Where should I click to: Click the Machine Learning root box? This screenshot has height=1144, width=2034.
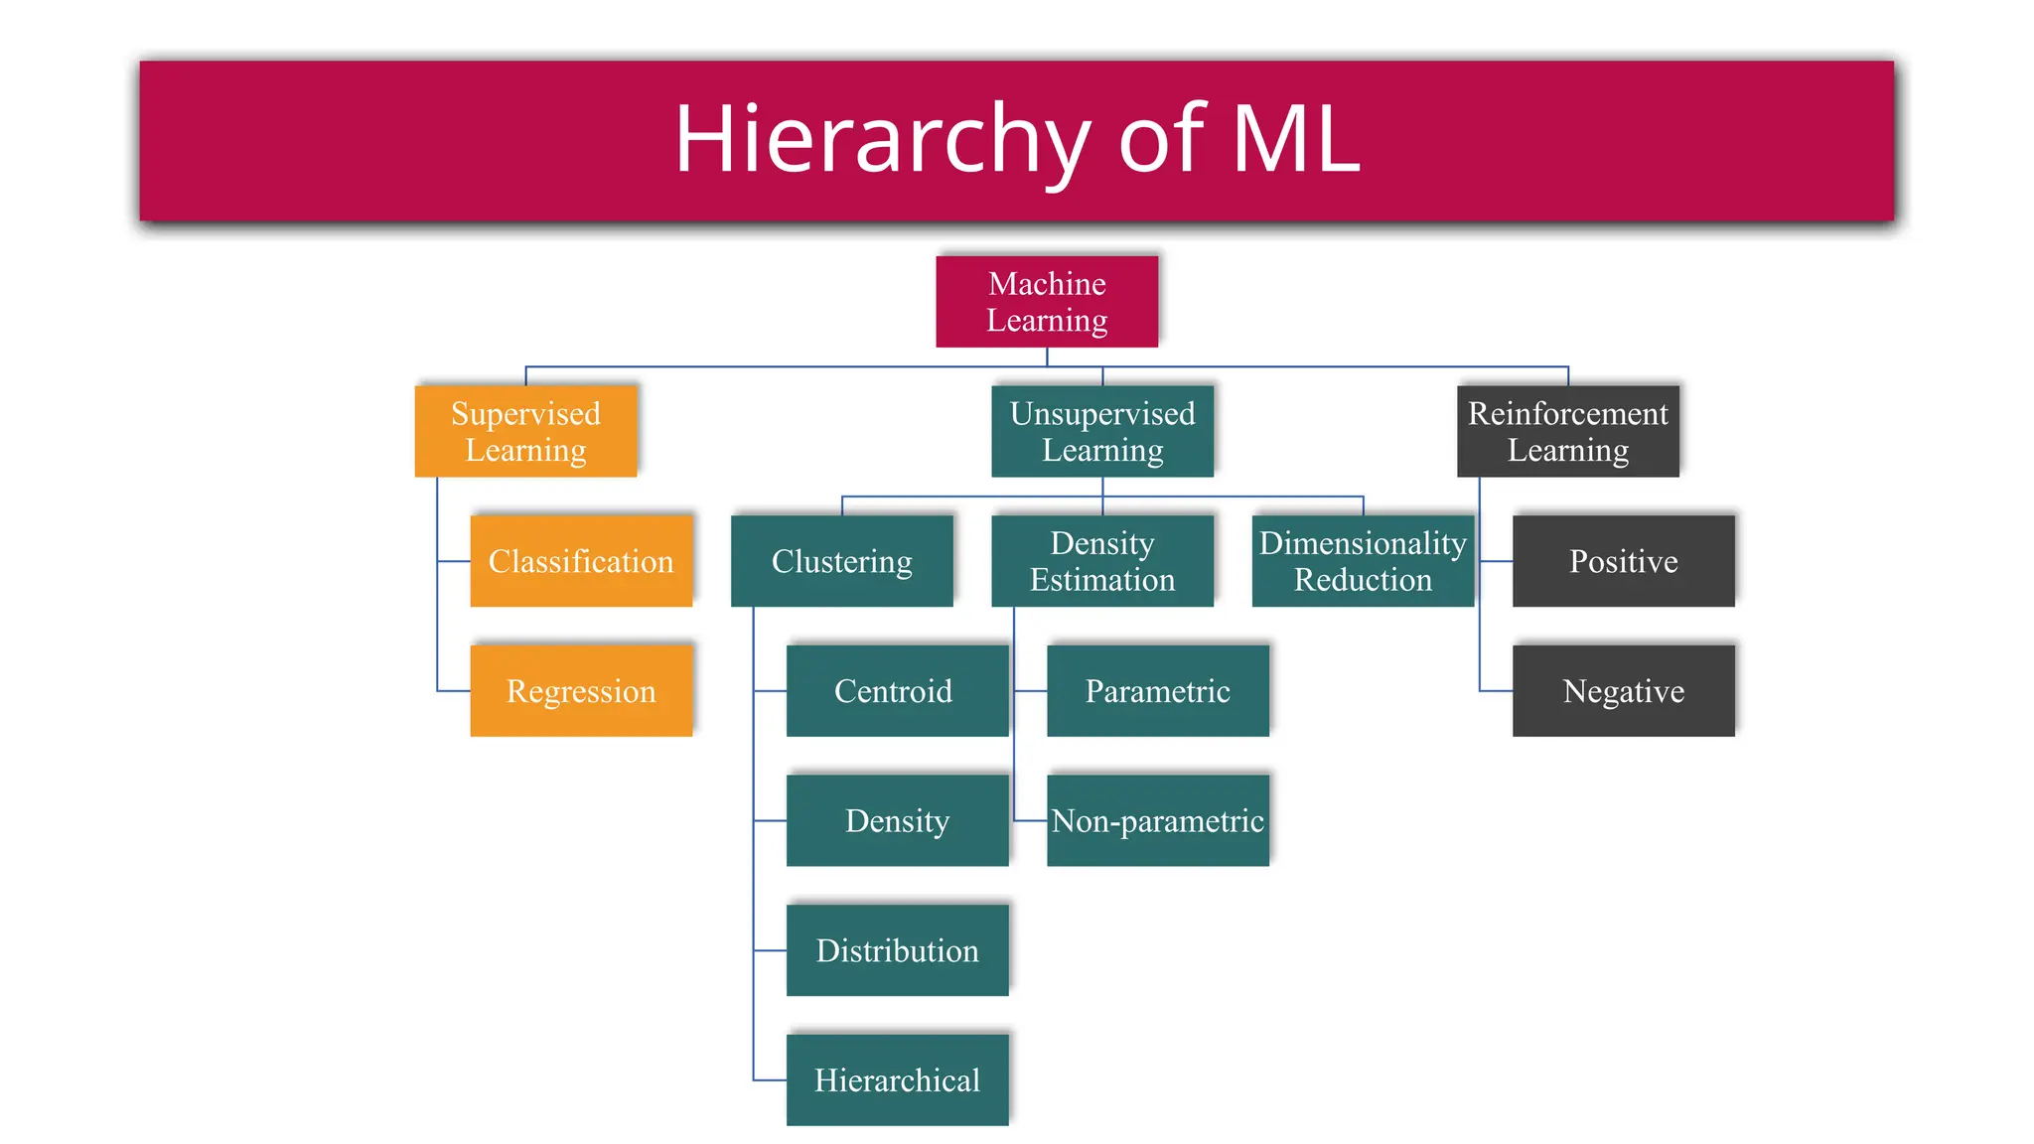click(1047, 302)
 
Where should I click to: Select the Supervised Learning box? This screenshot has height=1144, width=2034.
click(525, 431)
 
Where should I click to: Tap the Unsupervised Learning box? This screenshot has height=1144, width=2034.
click(1102, 431)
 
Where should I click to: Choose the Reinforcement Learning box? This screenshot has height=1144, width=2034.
click(1567, 431)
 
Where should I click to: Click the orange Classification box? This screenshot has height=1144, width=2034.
click(581, 561)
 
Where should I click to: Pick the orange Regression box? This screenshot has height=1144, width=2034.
click(581, 691)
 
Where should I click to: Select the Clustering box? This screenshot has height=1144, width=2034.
click(841, 561)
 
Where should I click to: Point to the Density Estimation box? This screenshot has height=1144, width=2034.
click(1102, 561)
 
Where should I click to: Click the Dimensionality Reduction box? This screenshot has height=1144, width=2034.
click(1363, 561)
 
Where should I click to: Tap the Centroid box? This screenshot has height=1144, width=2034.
click(897, 691)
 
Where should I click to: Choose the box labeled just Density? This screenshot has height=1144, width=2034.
click(897, 820)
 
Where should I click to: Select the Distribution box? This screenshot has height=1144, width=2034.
click(897, 950)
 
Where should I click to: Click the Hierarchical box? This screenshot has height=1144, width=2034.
click(897, 1080)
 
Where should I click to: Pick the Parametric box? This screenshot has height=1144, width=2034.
click(1158, 691)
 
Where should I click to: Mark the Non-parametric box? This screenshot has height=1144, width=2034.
click(1158, 820)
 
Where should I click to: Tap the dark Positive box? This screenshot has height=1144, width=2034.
click(1623, 561)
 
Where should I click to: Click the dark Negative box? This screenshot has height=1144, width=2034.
click(1623, 691)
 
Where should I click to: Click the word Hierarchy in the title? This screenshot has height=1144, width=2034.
click(882, 139)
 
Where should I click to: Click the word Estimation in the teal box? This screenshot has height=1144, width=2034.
click(1102, 580)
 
